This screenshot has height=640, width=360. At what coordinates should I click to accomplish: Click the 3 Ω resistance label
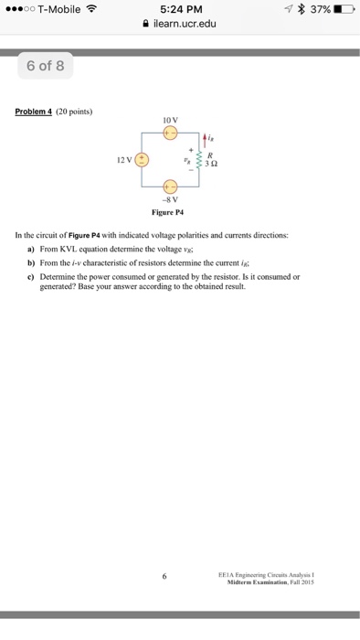tap(211, 165)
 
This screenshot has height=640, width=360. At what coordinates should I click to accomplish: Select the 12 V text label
tap(123, 161)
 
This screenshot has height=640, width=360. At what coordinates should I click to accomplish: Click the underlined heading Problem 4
tap(34, 112)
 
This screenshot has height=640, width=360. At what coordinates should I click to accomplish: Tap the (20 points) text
tap(75, 112)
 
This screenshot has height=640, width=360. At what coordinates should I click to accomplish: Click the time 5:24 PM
tap(179, 9)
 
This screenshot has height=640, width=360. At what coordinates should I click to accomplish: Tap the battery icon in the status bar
tap(343, 9)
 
